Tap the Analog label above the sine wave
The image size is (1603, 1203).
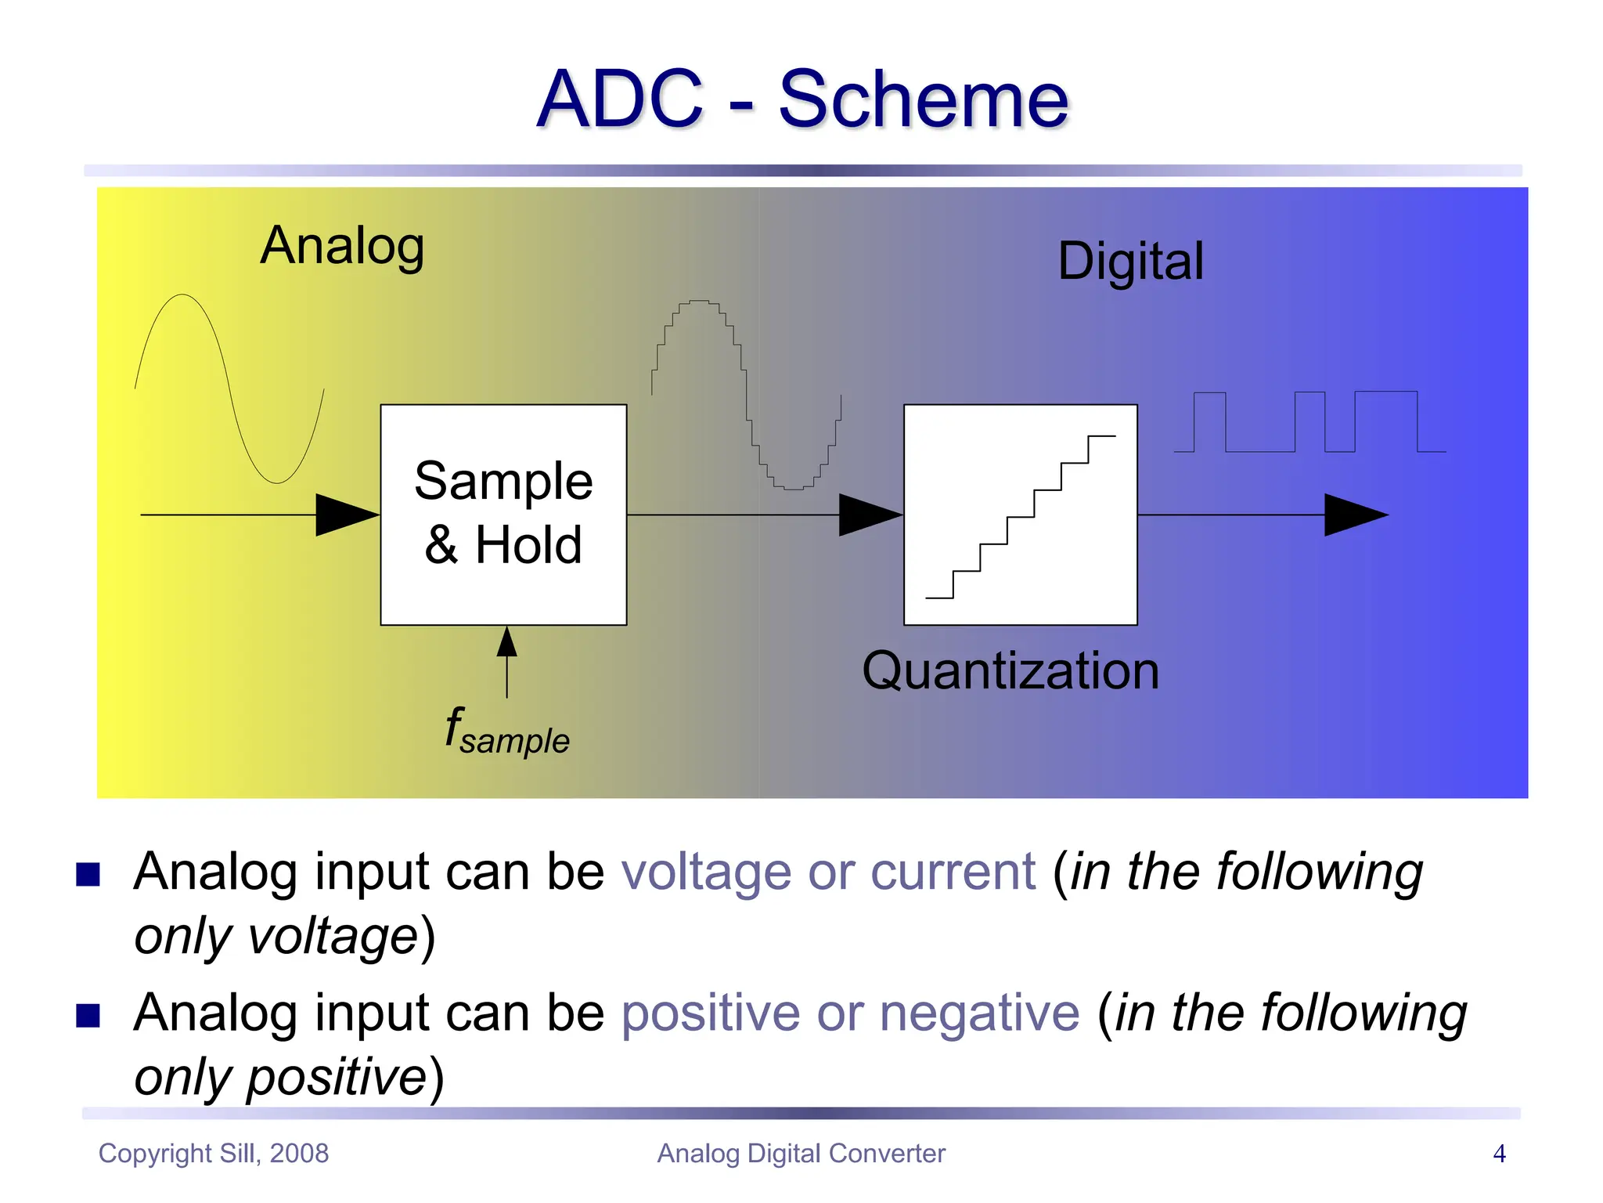click(342, 246)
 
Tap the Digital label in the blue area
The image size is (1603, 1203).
click(1130, 262)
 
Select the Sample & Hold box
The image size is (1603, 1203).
click(503, 514)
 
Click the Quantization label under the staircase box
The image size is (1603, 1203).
click(1010, 671)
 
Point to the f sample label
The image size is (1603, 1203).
click(506, 732)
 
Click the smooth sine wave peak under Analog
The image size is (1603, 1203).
click(183, 298)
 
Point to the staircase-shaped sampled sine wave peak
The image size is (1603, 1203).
click(698, 302)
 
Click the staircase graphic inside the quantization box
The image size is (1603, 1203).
click(1021, 517)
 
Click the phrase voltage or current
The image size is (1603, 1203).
click(828, 872)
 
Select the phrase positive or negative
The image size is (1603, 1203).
click(850, 1013)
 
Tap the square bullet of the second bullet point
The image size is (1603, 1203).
click(88, 1016)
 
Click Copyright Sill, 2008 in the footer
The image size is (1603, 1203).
click(213, 1154)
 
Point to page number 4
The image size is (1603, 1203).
click(1499, 1154)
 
